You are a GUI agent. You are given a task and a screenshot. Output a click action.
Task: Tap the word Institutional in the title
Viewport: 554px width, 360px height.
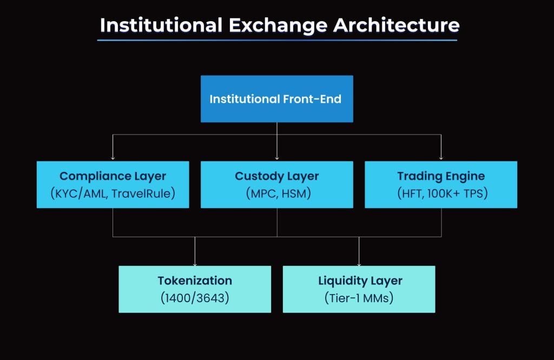click(x=161, y=25)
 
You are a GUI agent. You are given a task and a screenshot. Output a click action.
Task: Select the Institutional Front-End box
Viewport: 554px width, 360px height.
click(x=276, y=99)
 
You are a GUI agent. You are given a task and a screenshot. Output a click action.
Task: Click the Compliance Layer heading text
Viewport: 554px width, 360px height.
click(x=113, y=176)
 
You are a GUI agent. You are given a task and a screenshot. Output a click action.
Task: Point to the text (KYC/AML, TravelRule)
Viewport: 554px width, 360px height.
click(x=113, y=193)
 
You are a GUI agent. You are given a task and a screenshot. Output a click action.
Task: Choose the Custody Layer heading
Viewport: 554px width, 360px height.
click(x=276, y=176)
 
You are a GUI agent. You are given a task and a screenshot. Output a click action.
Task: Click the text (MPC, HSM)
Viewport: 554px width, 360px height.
click(x=276, y=193)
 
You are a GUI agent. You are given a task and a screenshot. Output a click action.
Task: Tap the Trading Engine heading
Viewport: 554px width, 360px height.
click(x=441, y=176)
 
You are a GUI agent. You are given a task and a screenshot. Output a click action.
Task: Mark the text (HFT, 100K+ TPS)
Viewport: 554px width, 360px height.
click(x=441, y=193)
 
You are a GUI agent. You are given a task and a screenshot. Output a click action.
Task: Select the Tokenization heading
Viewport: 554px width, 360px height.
click(x=195, y=281)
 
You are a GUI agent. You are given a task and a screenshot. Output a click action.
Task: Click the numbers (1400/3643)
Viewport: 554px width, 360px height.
click(x=195, y=298)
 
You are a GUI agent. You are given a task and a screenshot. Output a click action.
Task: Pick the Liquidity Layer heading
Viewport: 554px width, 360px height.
click(x=359, y=281)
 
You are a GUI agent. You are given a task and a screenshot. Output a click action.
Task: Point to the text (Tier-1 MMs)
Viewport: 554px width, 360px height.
click(x=359, y=298)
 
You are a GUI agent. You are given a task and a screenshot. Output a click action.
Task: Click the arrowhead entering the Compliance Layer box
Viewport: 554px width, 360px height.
click(x=113, y=158)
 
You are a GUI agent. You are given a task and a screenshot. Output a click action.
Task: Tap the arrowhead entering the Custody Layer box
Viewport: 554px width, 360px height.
click(x=276, y=158)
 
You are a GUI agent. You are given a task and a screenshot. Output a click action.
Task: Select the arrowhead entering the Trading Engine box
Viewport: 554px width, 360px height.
click(x=441, y=158)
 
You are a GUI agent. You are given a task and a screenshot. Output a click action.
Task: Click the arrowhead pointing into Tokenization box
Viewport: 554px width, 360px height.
click(x=195, y=263)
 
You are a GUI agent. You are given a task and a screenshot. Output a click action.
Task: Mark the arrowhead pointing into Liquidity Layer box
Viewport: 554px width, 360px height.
click(x=359, y=263)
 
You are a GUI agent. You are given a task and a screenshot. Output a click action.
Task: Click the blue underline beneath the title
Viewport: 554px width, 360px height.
click(x=277, y=40)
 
